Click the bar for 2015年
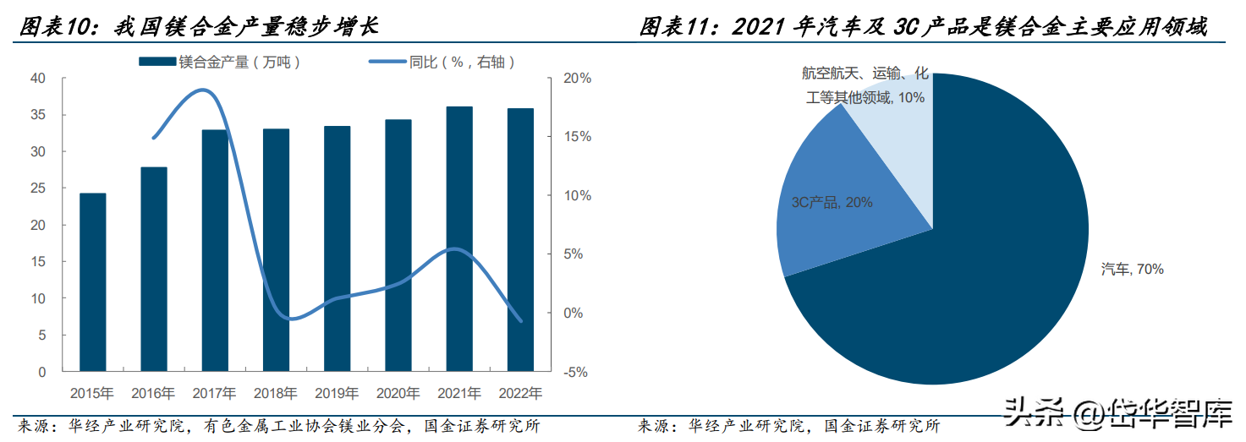click(x=93, y=282)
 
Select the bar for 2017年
click(x=215, y=250)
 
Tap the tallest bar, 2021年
click(x=459, y=238)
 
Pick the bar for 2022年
click(x=521, y=240)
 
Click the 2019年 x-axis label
click(x=337, y=394)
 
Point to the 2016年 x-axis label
click(x=153, y=394)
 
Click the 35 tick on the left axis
click(x=38, y=115)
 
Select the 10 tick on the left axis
click(x=38, y=298)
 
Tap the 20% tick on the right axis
click(x=578, y=78)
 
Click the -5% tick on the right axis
click(x=576, y=372)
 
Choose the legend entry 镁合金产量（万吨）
click(x=220, y=63)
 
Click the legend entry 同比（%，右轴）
click(x=442, y=63)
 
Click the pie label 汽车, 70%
click(x=1133, y=269)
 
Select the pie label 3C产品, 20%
click(x=832, y=202)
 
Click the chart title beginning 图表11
click(x=924, y=26)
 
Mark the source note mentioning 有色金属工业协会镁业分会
click(x=278, y=427)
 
